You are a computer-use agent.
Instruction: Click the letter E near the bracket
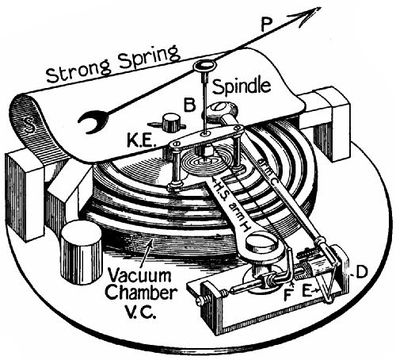pos(305,291)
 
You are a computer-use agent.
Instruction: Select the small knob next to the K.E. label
pos(169,124)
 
